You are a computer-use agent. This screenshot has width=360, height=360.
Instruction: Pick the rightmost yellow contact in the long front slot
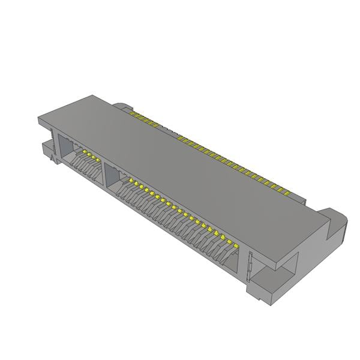click(x=236, y=246)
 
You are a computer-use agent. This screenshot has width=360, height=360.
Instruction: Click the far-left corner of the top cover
click(x=39, y=119)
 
